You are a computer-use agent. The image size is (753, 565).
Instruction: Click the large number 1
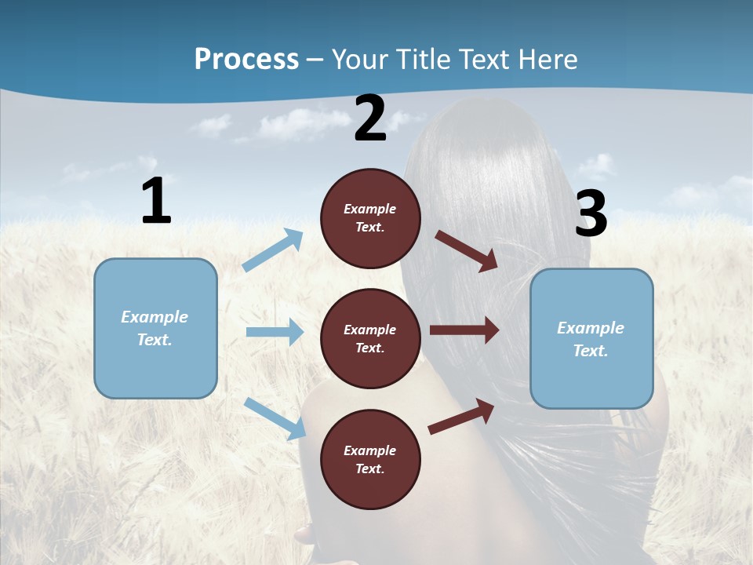pyautogui.click(x=156, y=201)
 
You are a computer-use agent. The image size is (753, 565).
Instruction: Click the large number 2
pyautogui.click(x=370, y=118)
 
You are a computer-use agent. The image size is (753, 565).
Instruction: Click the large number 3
pyautogui.click(x=591, y=213)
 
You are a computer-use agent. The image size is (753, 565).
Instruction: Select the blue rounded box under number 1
pyautogui.click(x=155, y=328)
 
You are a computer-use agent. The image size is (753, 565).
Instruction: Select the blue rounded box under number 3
pyautogui.click(x=591, y=338)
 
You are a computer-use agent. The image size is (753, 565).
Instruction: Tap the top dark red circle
pyautogui.click(x=370, y=218)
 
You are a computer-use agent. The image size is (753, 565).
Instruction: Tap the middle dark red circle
pyautogui.click(x=370, y=338)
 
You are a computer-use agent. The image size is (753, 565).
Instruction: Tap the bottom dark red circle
pyautogui.click(x=370, y=459)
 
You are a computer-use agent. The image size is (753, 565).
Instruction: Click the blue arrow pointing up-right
pyautogui.click(x=273, y=250)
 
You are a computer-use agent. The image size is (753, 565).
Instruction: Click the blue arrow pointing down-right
pyautogui.click(x=275, y=418)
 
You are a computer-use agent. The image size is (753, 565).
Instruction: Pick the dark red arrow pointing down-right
pyautogui.click(x=467, y=251)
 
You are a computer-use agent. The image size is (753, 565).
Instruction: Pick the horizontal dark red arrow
pyautogui.click(x=464, y=330)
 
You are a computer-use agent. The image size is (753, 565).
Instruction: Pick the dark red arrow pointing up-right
pyautogui.click(x=461, y=416)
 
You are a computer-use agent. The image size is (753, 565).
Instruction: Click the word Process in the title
pyautogui.click(x=246, y=59)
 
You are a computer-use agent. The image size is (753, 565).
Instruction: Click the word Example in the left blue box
pyautogui.click(x=155, y=317)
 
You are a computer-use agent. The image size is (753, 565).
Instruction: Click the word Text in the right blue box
pyautogui.click(x=590, y=351)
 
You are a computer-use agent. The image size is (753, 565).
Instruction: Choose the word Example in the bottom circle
pyautogui.click(x=369, y=450)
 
